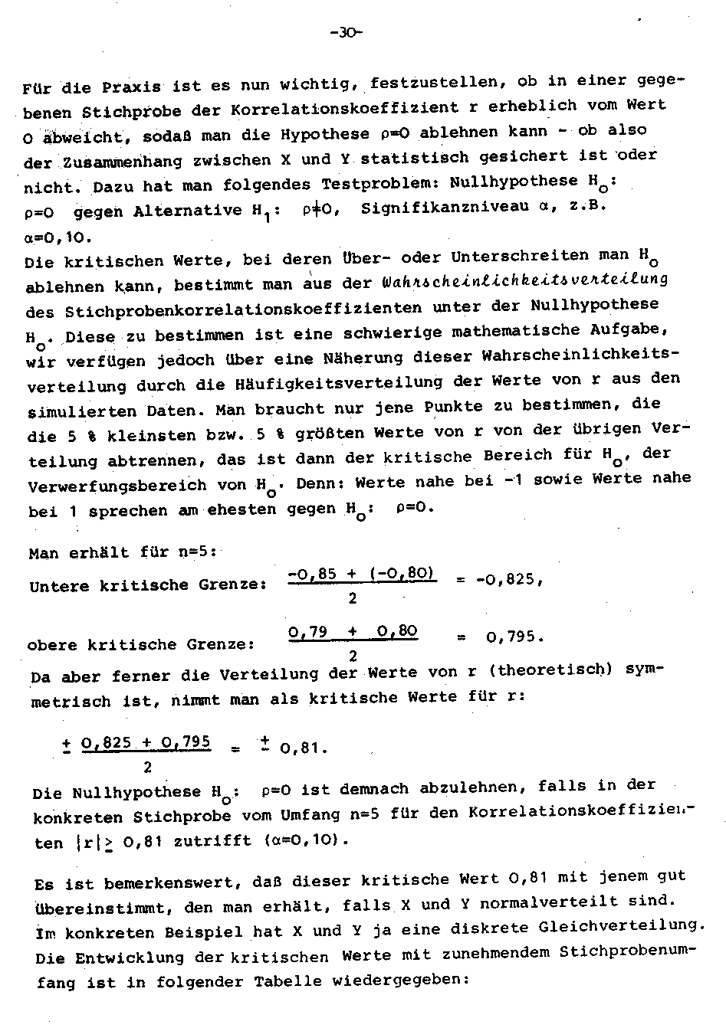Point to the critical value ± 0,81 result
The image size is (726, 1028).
point(294,748)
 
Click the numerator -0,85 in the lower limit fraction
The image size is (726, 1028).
point(310,573)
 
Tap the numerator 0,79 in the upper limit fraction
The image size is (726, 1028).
point(308,632)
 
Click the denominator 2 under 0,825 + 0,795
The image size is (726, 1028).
point(146,766)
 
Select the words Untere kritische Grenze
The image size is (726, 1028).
point(148,586)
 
